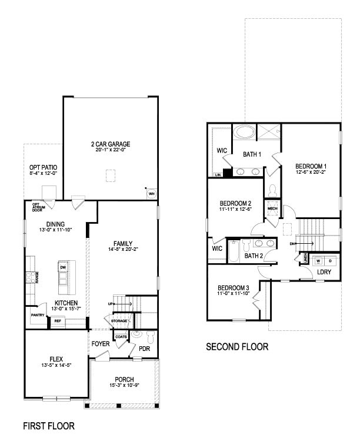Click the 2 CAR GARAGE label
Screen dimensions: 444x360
(x=110, y=144)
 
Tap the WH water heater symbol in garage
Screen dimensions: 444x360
(x=151, y=193)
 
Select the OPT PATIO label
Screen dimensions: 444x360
(x=42, y=167)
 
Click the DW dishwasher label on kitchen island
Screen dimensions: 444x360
(x=62, y=267)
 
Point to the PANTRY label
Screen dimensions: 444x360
(x=38, y=315)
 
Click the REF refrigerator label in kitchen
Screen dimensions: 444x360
(x=58, y=321)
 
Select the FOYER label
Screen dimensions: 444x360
(x=100, y=343)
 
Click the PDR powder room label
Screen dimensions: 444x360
(x=144, y=348)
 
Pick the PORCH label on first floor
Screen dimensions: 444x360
(x=124, y=379)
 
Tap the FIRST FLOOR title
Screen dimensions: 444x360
(x=48, y=425)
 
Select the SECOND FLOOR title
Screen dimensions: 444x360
(x=236, y=347)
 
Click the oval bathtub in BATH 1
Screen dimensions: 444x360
(x=243, y=132)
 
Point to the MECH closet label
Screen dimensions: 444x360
(x=272, y=208)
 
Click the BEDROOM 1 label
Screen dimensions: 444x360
(x=311, y=167)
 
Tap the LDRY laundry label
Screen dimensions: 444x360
(x=324, y=272)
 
